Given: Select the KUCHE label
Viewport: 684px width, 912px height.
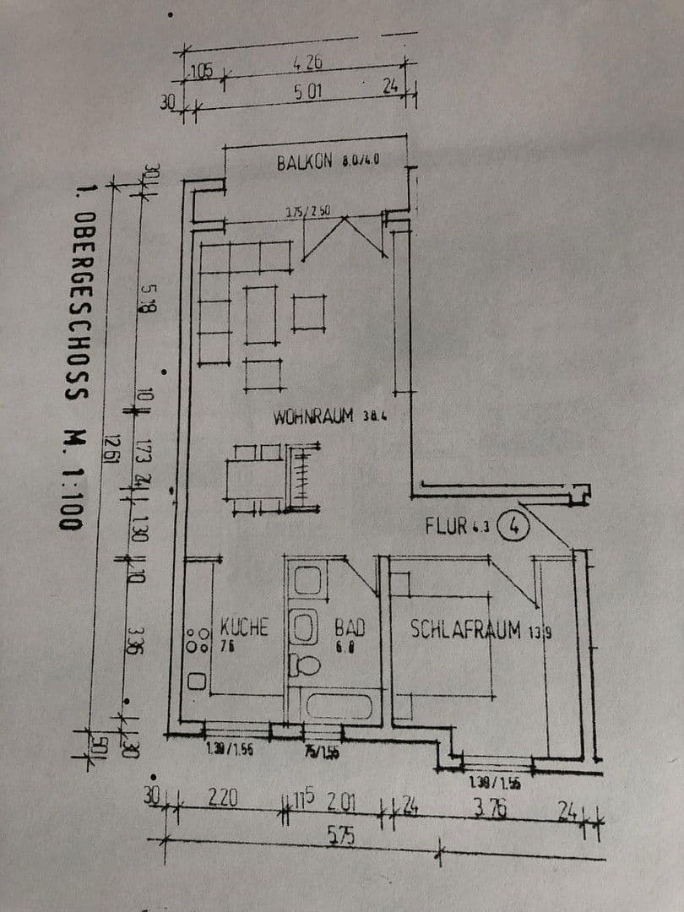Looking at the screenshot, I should tap(244, 627).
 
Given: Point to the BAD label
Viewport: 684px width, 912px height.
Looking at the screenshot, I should tap(349, 627).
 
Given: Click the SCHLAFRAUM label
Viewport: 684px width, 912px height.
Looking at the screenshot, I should tap(465, 629).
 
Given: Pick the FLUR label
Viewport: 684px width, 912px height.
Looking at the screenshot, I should tap(448, 526).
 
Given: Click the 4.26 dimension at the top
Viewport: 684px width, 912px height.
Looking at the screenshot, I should tap(308, 62).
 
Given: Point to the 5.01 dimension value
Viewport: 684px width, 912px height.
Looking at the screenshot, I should tap(308, 90).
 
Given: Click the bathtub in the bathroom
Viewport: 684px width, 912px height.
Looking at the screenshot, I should tap(339, 704).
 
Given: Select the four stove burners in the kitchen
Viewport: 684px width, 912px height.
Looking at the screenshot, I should tap(198, 639).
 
